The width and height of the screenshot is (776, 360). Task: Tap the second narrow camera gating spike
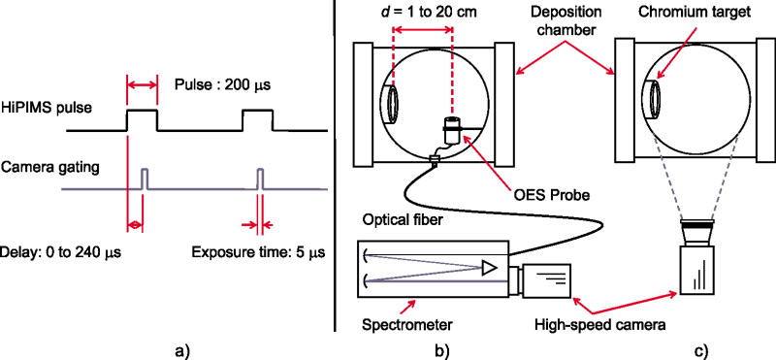coord(260,179)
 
